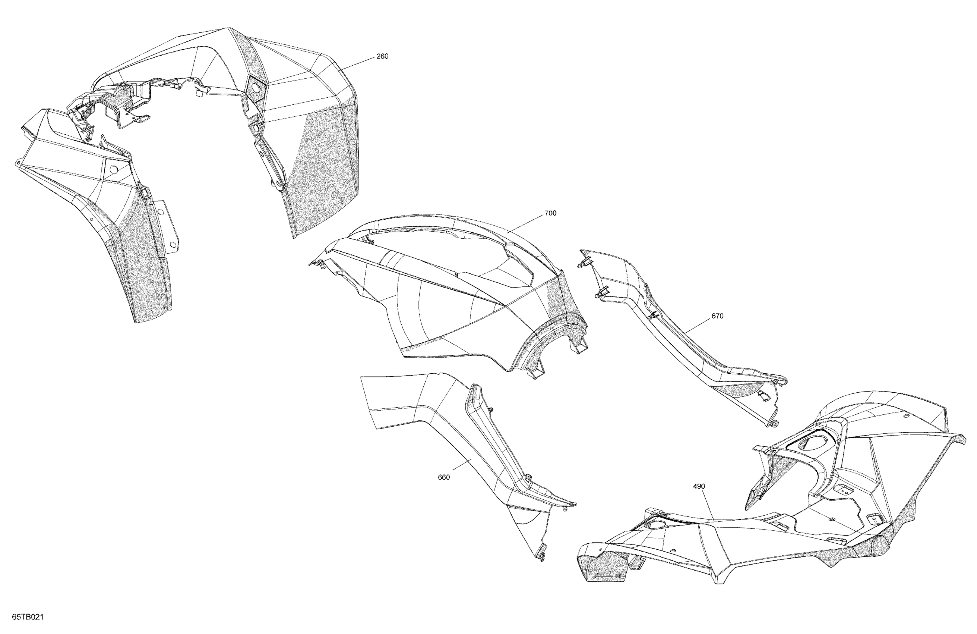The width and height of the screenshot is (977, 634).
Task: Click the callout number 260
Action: pyautogui.click(x=382, y=56)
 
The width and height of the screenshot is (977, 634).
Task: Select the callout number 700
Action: pyautogui.click(x=550, y=213)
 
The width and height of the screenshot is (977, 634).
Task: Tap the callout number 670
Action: pyautogui.click(x=717, y=316)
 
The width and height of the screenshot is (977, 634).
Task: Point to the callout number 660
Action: pyautogui.click(x=444, y=477)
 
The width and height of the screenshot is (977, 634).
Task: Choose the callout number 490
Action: pyautogui.click(x=699, y=486)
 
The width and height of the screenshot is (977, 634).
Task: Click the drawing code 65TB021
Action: pyautogui.click(x=28, y=617)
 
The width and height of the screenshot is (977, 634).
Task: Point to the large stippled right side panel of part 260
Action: pyautogui.click(x=324, y=164)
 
